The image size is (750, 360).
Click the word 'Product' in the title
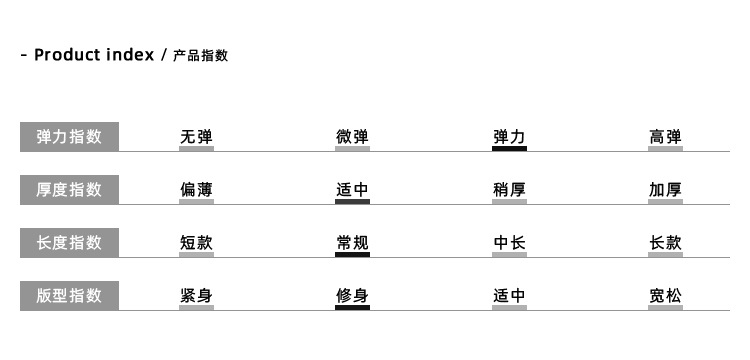(x=67, y=55)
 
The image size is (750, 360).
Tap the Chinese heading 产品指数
(x=201, y=56)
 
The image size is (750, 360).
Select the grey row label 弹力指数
(x=69, y=137)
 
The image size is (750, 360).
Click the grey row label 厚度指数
(x=69, y=190)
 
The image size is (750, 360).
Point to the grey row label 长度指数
(x=69, y=242)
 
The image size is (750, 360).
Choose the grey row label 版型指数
(x=69, y=295)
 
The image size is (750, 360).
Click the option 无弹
(x=196, y=137)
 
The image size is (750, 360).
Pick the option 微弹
(x=352, y=137)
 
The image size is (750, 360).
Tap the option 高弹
(x=665, y=137)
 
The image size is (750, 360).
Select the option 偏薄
(x=196, y=189)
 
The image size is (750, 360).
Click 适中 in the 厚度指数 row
(x=352, y=189)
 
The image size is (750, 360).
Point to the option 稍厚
(x=509, y=189)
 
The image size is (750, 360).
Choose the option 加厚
(x=665, y=189)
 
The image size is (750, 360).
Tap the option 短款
(x=196, y=242)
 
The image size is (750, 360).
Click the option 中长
(x=509, y=242)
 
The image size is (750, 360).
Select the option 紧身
(x=196, y=295)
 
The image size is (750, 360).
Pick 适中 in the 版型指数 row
(x=509, y=295)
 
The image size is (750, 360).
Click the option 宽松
(x=665, y=295)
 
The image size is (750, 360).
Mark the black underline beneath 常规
(x=352, y=254)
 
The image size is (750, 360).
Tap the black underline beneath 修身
(x=352, y=307)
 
